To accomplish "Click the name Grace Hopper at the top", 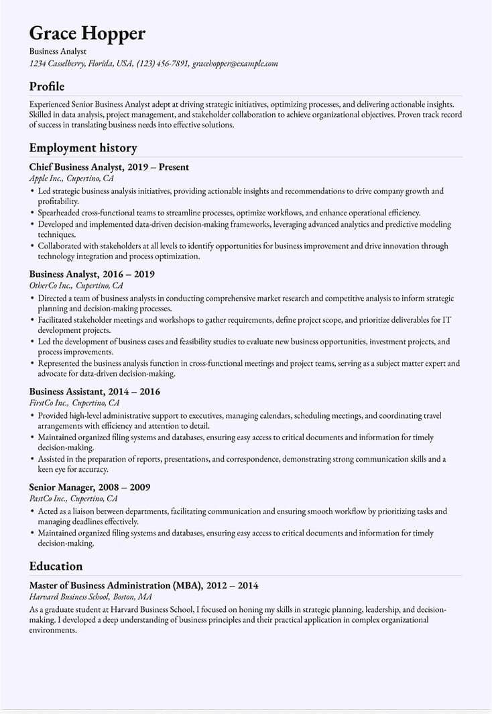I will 87,33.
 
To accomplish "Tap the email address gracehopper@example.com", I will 235,64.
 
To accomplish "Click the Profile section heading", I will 47,87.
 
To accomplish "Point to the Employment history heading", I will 83,148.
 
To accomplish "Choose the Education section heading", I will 56,566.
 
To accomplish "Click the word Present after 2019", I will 174,167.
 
